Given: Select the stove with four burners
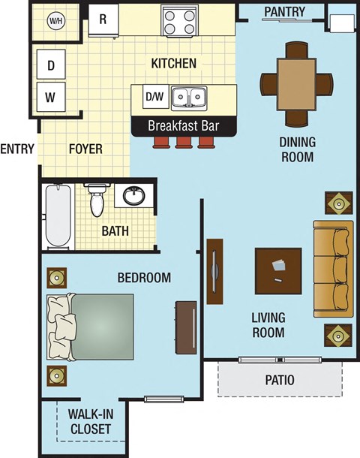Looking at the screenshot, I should coord(179,20).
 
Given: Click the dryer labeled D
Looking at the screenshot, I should coord(51,65).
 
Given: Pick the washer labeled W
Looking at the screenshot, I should coord(51,96).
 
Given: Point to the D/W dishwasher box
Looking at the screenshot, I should coord(153,97).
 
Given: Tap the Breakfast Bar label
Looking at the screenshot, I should coord(184,125).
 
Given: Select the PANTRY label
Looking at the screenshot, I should coord(284,11).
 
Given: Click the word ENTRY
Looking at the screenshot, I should coord(17,149).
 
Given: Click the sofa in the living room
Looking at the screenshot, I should coord(333,268).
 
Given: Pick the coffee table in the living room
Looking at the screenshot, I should coord(278,271).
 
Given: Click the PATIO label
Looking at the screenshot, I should coord(280,380).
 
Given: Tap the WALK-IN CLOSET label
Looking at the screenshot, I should coord(89,421).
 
